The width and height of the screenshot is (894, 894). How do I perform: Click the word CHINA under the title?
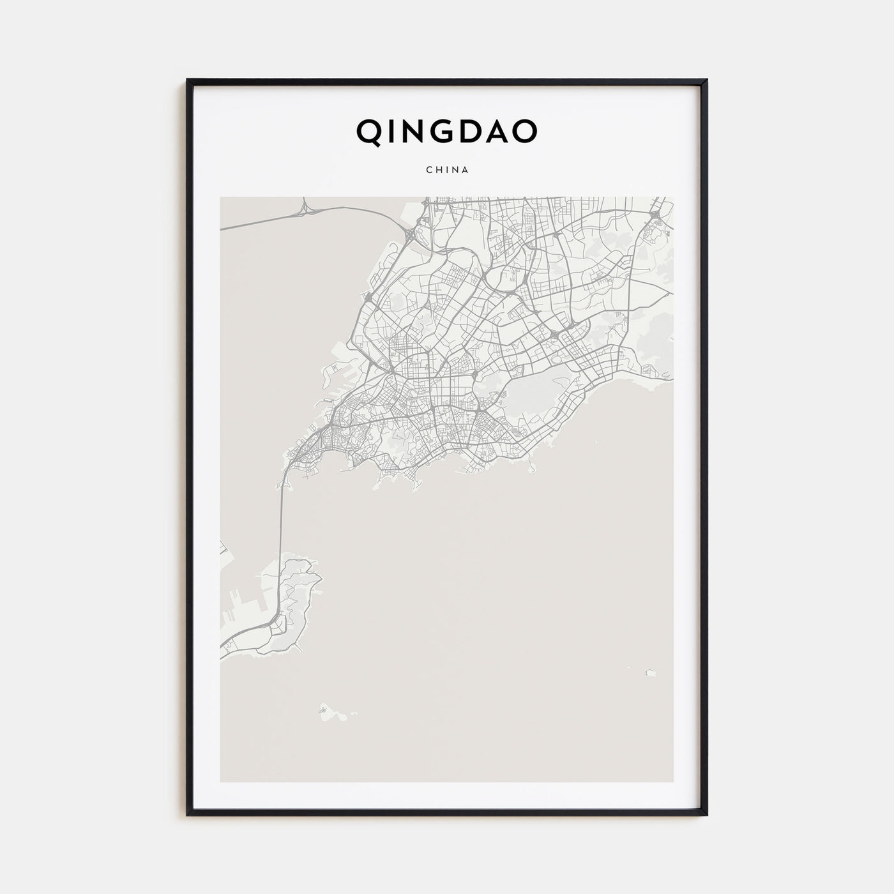point(447,170)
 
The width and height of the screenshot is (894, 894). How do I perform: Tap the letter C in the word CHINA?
point(428,170)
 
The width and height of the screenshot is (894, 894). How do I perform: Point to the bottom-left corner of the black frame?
point(188,814)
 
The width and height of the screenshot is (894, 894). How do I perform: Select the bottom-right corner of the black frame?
point(706,814)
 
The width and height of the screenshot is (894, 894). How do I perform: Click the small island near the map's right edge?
point(650,672)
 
